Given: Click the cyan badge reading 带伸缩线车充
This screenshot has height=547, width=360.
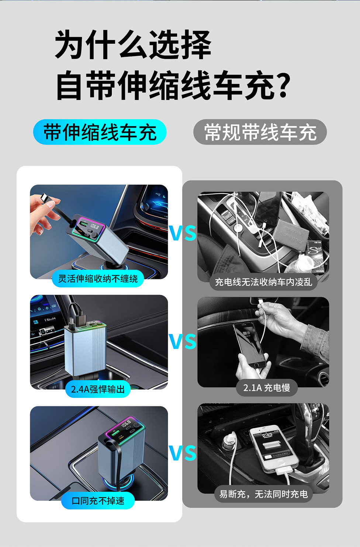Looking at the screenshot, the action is click(x=100, y=132).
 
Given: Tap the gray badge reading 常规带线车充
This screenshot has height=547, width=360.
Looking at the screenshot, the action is click(x=260, y=132).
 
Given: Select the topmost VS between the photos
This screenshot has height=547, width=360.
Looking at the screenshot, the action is click(x=183, y=233).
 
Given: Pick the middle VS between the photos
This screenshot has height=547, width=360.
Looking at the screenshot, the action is click(x=183, y=341).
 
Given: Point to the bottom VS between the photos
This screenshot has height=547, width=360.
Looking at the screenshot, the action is click(x=183, y=453).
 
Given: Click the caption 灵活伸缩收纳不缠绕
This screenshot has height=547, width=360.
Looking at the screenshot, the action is click(x=98, y=279).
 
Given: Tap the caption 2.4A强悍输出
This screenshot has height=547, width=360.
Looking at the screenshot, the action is click(x=98, y=389).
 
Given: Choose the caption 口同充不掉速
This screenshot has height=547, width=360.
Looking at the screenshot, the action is click(x=98, y=501).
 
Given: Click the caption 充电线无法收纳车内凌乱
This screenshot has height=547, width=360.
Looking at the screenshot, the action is click(x=263, y=282).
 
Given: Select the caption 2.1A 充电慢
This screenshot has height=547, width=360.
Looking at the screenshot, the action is click(x=267, y=388).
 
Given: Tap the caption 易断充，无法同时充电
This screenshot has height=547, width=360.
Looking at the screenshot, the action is click(x=263, y=494).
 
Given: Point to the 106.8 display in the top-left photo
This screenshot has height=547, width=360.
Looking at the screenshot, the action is click(x=94, y=227).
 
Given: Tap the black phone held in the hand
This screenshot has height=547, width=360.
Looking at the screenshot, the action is click(x=249, y=344).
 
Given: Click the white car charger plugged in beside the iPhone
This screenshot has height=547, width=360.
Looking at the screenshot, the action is click(x=229, y=439).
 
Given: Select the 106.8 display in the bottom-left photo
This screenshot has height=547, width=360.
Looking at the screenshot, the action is click(x=127, y=424).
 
